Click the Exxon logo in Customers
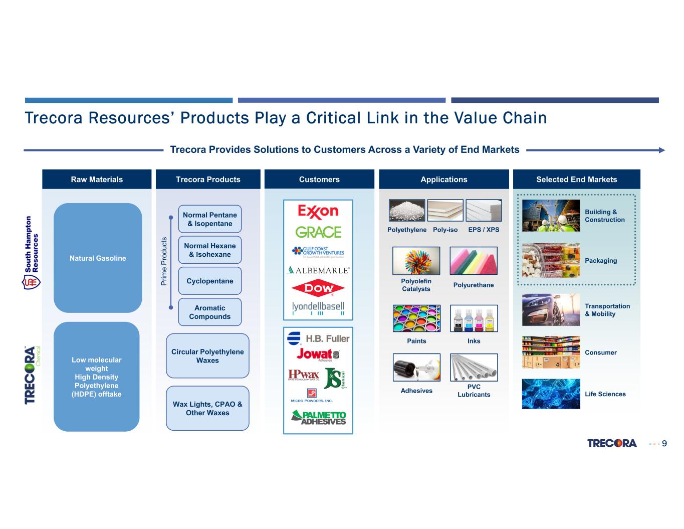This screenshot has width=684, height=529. (x=318, y=211)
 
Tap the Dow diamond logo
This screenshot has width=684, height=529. (x=318, y=288)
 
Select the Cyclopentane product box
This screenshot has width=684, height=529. (x=209, y=281)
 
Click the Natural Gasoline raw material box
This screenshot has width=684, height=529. (x=98, y=258)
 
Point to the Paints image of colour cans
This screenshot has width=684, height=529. (x=416, y=318)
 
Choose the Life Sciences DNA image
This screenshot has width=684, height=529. (x=551, y=394)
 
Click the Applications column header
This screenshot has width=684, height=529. (x=443, y=180)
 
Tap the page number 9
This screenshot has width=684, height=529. (x=664, y=443)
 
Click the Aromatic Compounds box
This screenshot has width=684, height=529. (x=209, y=312)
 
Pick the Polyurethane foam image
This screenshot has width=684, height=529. (x=474, y=261)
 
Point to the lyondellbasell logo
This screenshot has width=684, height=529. (x=318, y=307)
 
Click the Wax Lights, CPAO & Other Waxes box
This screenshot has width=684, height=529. (x=207, y=408)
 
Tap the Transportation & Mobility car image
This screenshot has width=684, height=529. (x=551, y=310)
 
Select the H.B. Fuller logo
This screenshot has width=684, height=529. (x=318, y=338)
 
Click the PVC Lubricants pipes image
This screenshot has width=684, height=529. (x=474, y=368)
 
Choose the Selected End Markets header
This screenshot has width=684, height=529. (x=576, y=180)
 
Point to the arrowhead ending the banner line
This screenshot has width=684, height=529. (x=661, y=150)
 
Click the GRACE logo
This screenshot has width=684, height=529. (x=318, y=232)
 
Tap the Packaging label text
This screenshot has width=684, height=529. (x=601, y=261)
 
